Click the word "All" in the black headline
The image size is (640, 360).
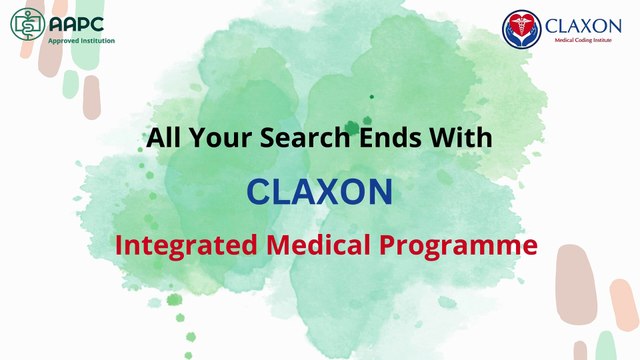[x=163, y=138]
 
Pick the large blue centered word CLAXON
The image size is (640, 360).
[x=320, y=190]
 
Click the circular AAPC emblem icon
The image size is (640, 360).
[x=26, y=27]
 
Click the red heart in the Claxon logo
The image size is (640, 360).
[x=520, y=29]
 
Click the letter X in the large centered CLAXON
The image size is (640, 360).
[x=319, y=190]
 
